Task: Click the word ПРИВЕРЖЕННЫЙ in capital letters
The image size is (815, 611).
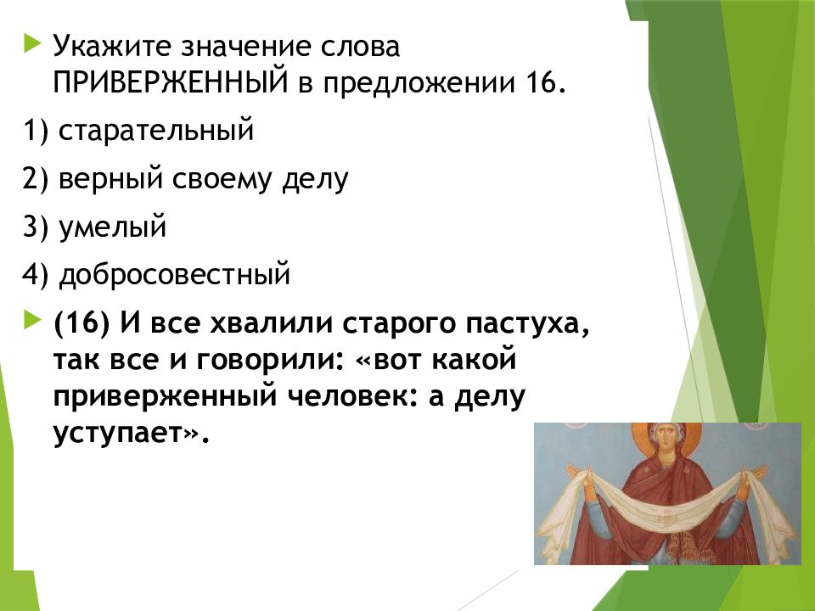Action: pyautogui.click(x=171, y=81)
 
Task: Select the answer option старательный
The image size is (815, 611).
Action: pyautogui.click(x=156, y=130)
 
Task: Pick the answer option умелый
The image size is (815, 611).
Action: pyautogui.click(x=112, y=227)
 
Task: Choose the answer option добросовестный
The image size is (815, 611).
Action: pyautogui.click(x=174, y=274)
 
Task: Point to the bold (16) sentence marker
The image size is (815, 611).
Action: pyautogui.click(x=81, y=322)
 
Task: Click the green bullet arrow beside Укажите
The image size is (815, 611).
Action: pyautogui.click(x=31, y=43)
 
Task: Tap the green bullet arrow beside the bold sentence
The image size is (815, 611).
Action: pyautogui.click(x=31, y=320)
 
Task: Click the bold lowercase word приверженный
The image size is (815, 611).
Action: pyautogui.click(x=165, y=396)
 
